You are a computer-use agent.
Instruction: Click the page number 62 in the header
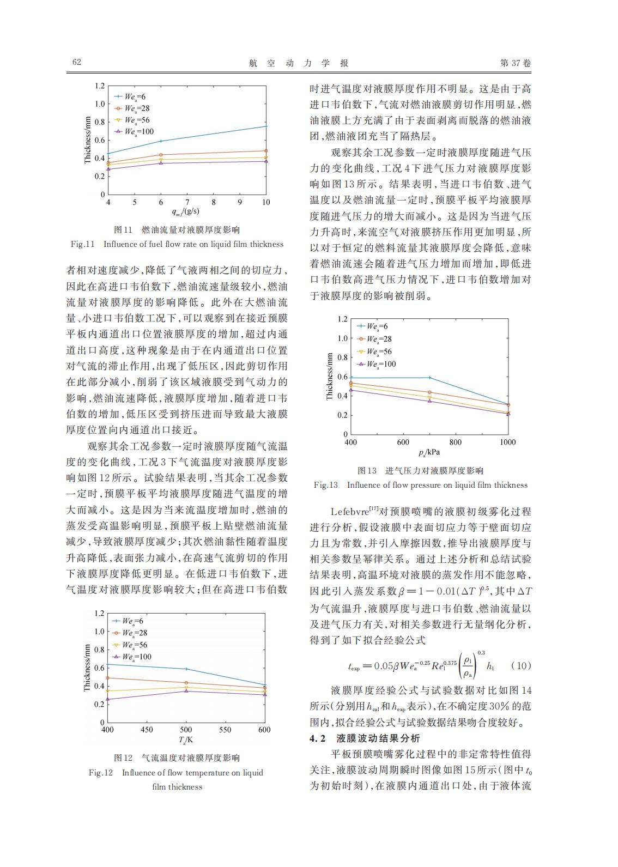(x=77, y=62)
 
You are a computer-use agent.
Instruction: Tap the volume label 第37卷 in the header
(x=515, y=63)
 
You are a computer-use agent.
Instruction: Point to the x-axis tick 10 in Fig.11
(x=266, y=202)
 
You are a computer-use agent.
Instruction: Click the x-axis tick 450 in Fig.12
(x=147, y=730)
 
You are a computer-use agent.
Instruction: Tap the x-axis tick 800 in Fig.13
(x=455, y=442)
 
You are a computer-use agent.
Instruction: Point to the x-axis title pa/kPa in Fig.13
(x=429, y=452)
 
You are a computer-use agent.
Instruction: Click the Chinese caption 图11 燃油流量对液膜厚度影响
(x=177, y=230)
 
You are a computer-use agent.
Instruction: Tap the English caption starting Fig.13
(x=421, y=485)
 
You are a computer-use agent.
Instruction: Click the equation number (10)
(x=522, y=665)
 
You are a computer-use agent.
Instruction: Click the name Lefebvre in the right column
(x=349, y=512)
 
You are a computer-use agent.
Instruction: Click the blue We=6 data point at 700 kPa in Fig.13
(x=429, y=378)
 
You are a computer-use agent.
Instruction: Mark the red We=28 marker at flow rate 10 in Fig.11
(x=265, y=151)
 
